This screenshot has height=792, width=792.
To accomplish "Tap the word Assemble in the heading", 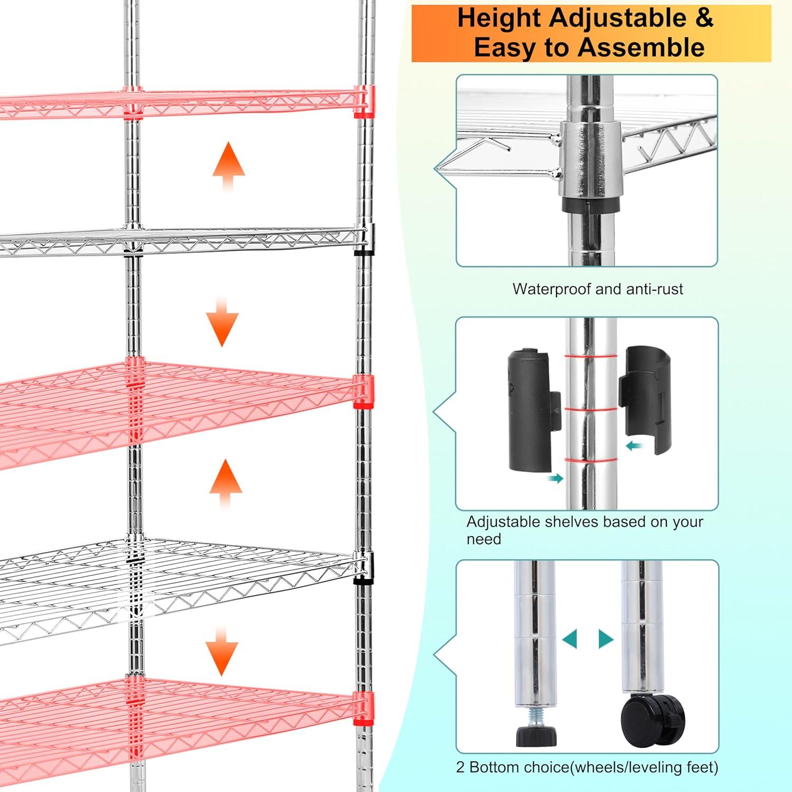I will tap(641, 48).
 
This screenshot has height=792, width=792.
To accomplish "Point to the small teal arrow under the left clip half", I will tap(555, 478).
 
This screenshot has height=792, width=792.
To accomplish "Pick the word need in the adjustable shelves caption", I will tap(484, 539).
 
